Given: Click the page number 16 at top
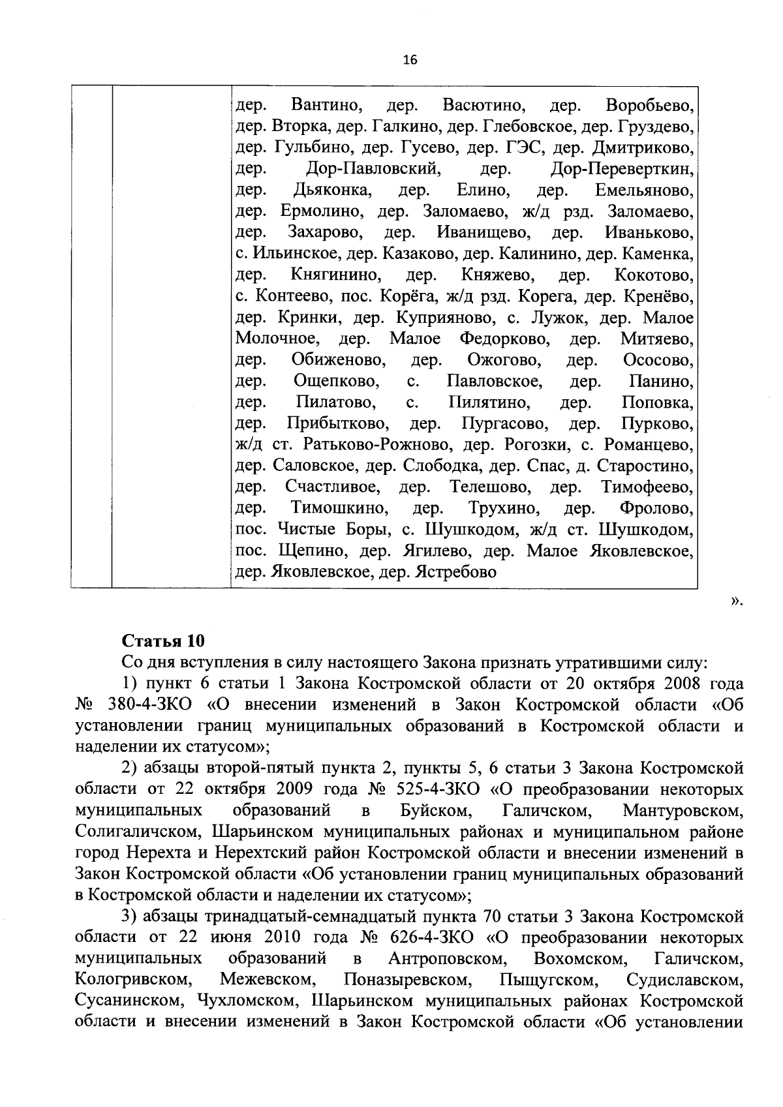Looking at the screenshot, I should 410,60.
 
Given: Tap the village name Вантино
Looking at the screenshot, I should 327,105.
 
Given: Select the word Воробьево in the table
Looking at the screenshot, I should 649,105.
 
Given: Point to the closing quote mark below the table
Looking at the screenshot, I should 737,600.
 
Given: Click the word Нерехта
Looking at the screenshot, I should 156,853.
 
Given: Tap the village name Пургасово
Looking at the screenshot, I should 504,424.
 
